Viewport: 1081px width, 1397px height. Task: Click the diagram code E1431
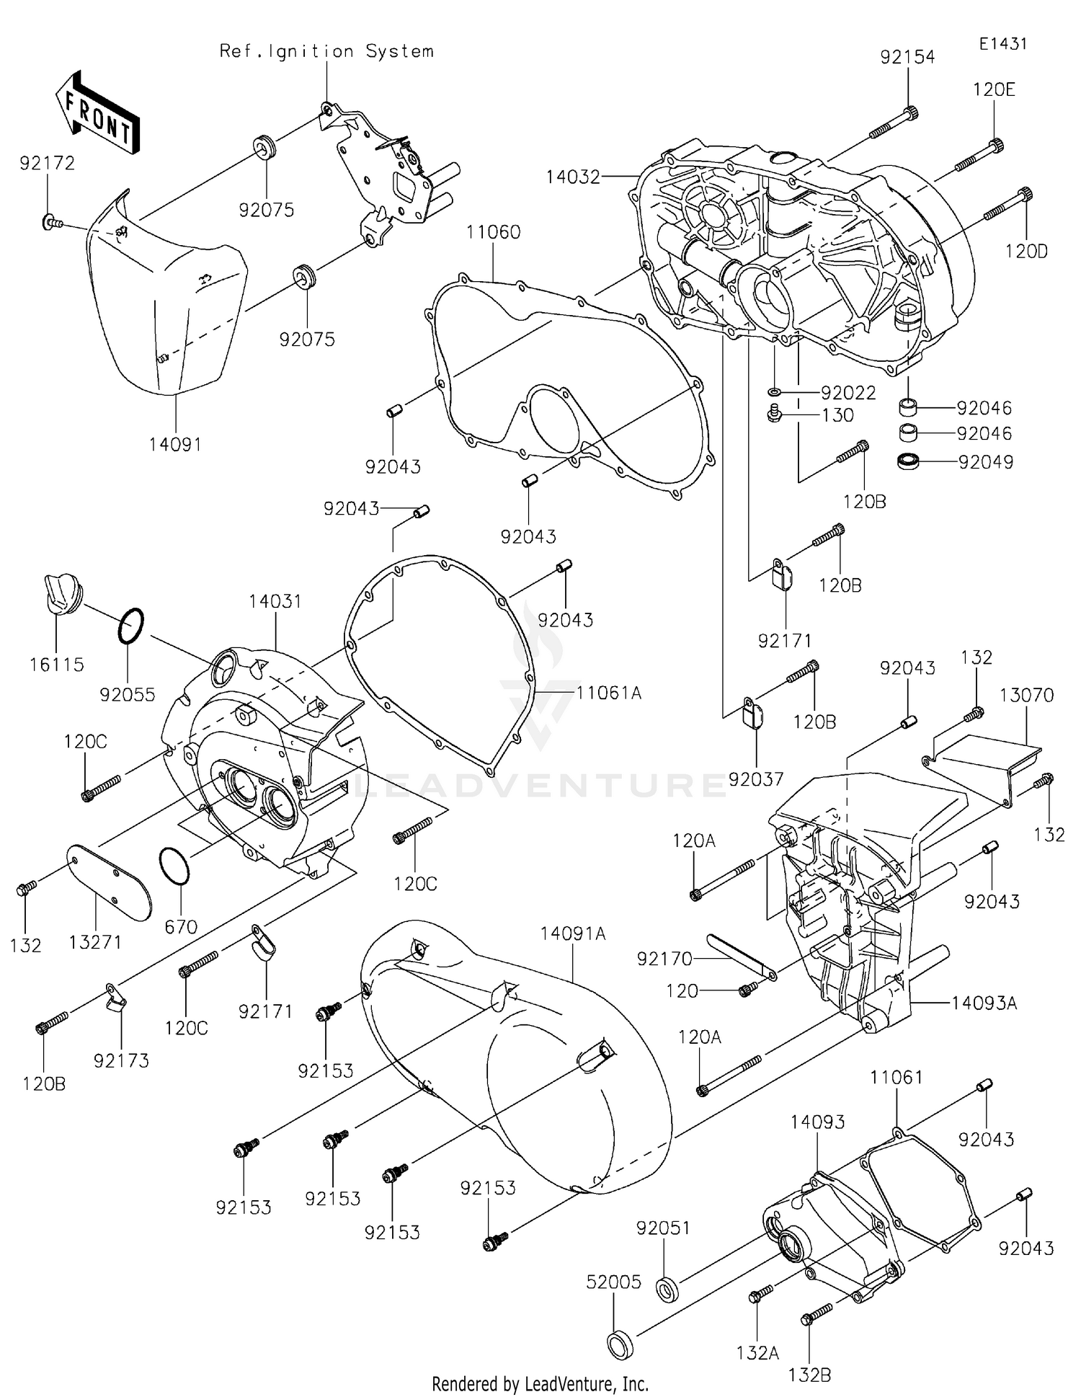(x=1002, y=44)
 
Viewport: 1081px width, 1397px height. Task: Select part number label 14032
(x=573, y=177)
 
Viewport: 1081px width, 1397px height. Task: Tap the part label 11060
(x=493, y=232)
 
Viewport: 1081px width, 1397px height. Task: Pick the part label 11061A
(x=608, y=693)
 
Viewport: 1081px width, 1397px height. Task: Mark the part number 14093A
(x=984, y=1003)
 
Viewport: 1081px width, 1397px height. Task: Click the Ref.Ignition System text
(x=326, y=51)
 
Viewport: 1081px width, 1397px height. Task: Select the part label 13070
(x=1026, y=695)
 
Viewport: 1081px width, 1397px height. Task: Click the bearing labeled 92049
(x=909, y=461)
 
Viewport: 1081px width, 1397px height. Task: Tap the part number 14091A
(x=573, y=933)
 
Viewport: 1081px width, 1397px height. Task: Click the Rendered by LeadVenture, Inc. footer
(x=540, y=1384)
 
